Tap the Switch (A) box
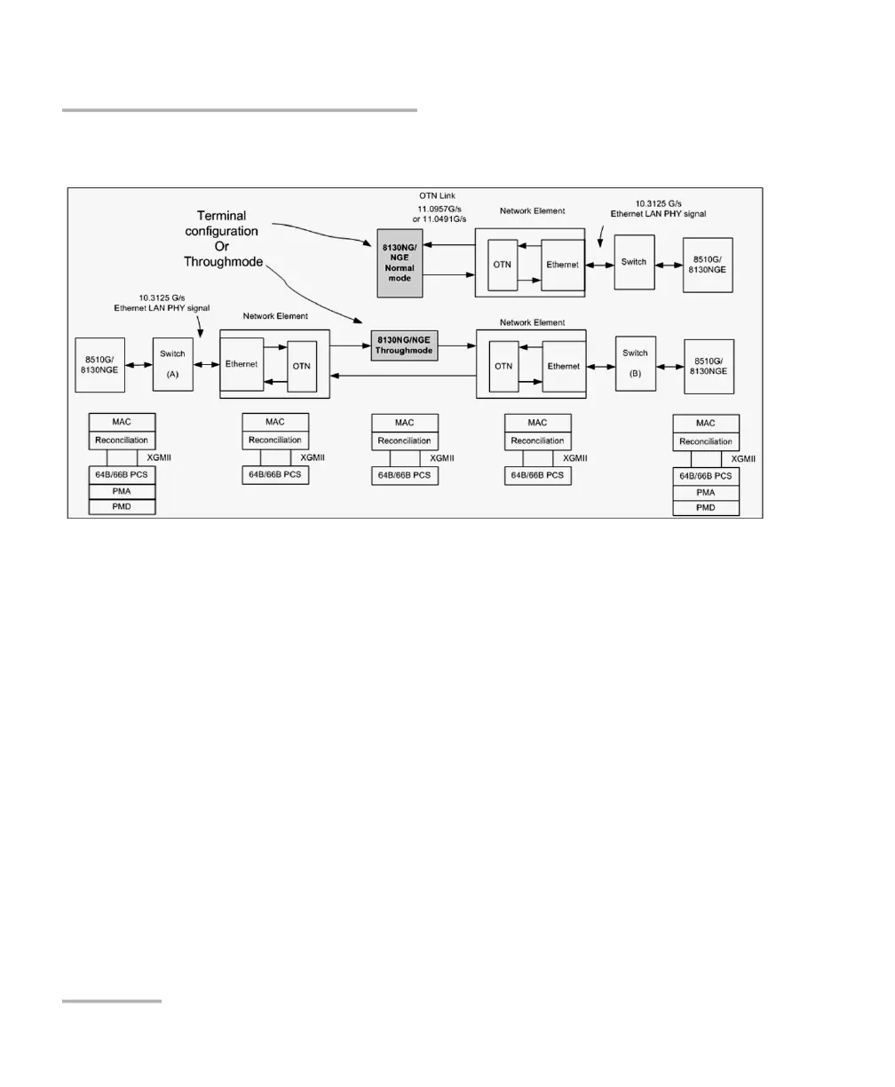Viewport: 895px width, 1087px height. pos(173,364)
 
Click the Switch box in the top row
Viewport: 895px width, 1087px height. pos(634,262)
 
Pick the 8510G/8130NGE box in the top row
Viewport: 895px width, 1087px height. pos(707,262)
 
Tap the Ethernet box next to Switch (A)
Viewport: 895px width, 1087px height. pos(242,364)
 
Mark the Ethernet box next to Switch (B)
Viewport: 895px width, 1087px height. pos(563,366)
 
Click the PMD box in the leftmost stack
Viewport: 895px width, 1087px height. pos(122,507)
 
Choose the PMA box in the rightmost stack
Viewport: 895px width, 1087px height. pos(706,492)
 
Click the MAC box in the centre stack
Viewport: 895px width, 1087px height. pos(404,423)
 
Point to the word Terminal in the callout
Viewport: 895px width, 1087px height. pos(222,216)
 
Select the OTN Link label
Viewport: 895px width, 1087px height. pos(437,195)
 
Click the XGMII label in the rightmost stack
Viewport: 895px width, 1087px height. pos(743,459)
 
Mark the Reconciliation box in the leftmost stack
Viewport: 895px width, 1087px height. pos(122,440)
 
